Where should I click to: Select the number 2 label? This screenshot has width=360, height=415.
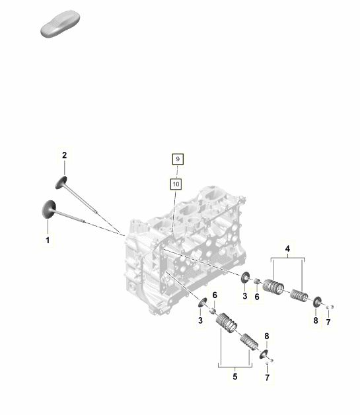[x=65, y=155]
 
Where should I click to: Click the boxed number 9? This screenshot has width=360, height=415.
[x=176, y=159]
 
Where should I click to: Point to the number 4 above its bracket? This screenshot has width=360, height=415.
[x=288, y=249]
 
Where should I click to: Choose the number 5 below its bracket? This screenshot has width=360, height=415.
[x=234, y=377]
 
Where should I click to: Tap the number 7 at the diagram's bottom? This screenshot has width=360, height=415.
[x=268, y=377]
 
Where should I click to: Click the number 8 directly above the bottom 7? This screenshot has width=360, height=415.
[x=266, y=336]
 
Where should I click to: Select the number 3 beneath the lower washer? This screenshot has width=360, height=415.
[x=200, y=321]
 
